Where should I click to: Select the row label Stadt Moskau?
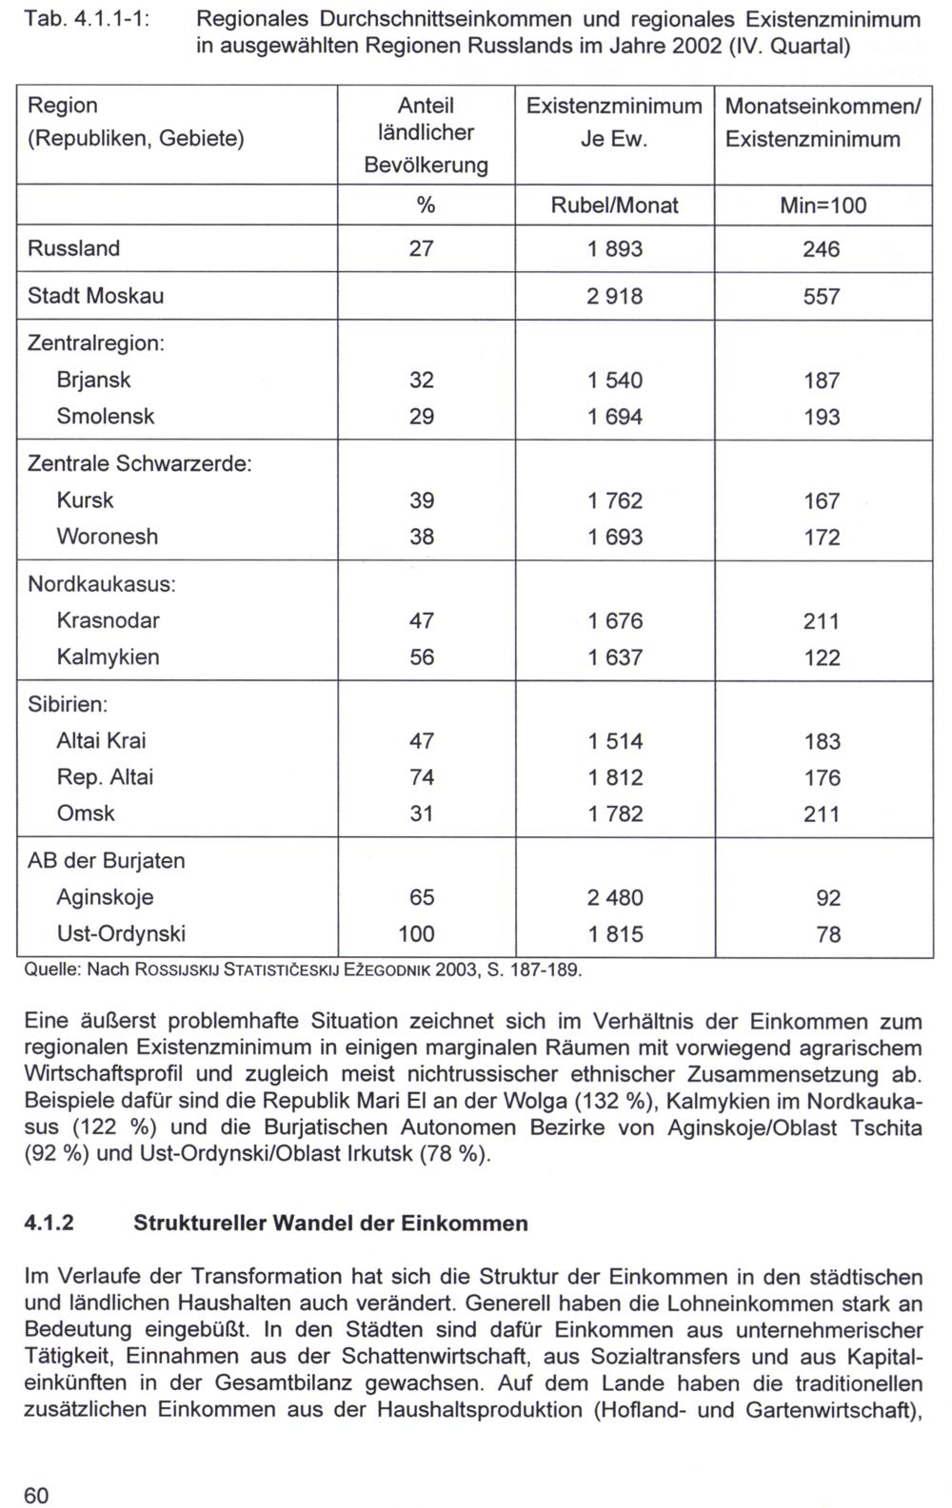pos(95,296)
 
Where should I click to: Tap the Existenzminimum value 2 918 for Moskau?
pos(615,297)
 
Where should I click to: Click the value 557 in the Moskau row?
pos(821,297)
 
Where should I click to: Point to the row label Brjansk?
pos(93,380)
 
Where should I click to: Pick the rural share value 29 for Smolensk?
pos(421,417)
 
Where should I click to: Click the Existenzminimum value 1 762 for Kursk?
pos(615,500)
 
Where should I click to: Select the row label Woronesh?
pos(107,537)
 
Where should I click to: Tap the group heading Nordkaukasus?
pos(102,583)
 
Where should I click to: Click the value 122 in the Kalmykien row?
pos(821,657)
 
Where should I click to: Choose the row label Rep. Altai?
pos(105,777)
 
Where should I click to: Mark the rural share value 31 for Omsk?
pos(421,813)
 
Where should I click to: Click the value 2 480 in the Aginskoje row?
pos(615,897)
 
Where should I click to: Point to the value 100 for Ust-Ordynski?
pos(416,933)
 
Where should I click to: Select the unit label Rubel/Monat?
pos(615,206)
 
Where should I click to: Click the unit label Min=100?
pos(821,206)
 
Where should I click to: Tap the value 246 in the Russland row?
pos(821,249)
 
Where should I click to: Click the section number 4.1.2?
pos(50,1223)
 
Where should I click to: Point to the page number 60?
pos(35,1496)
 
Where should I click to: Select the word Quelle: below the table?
pos(50,970)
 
